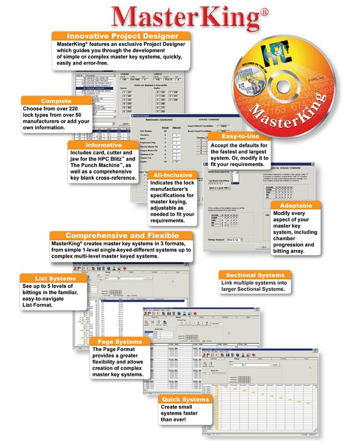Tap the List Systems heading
tap(48, 278)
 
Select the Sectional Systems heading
tap(256, 275)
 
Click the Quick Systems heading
tap(185, 399)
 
